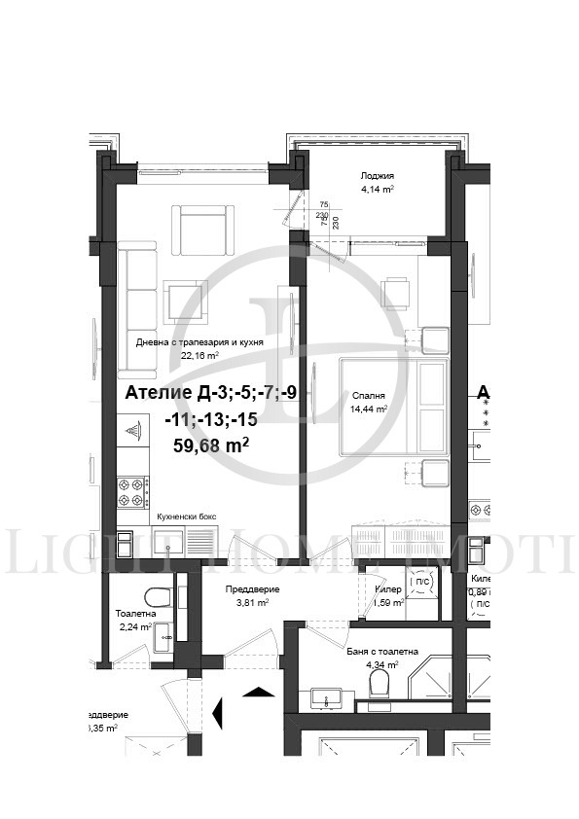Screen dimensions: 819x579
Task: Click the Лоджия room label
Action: coord(377,176)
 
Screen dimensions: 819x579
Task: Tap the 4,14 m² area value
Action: coord(377,190)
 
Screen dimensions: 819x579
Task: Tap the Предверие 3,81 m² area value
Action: coord(252,602)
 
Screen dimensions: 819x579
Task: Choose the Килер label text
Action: coord(388,589)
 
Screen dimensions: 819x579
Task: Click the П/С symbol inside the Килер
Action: coord(421,582)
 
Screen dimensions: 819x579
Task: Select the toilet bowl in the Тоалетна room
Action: coord(155,595)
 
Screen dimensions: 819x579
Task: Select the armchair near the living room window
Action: coord(203,228)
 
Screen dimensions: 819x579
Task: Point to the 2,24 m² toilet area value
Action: coord(135,627)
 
